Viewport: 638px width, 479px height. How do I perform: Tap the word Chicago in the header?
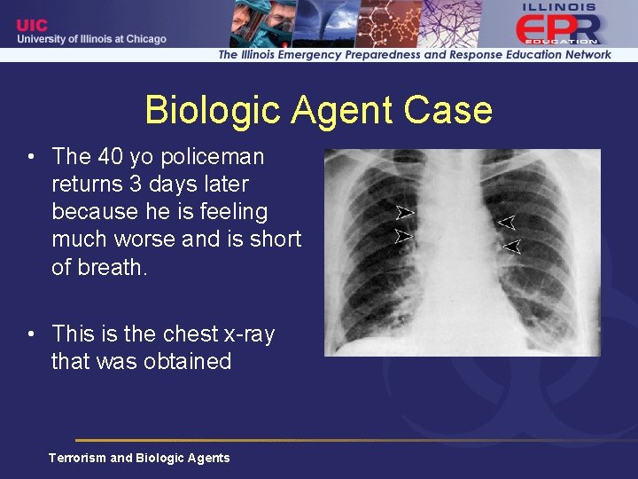point(144,39)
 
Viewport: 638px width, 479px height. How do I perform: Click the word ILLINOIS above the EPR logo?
point(560,7)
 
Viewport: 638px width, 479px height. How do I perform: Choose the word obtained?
point(191,362)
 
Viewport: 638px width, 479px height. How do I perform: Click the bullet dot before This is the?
point(31,334)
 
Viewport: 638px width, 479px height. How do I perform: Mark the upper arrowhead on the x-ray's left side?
point(405,213)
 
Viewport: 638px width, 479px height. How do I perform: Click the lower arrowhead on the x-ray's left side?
point(404,237)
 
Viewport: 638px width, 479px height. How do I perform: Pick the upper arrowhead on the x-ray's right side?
point(507,223)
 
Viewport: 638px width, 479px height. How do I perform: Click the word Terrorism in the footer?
point(77,458)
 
